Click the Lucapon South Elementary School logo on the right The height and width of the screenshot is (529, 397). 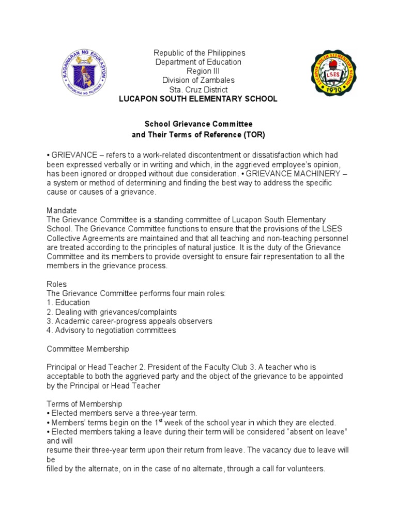(332, 72)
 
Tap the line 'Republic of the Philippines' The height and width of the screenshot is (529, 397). (199, 53)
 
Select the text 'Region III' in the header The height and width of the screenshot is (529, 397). (199, 71)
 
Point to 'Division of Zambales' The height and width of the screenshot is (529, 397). (198, 80)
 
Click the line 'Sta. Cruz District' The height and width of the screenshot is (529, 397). (199, 89)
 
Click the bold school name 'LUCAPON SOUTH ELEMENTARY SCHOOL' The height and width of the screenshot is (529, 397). (198, 99)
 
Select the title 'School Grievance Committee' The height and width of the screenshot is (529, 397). (198, 125)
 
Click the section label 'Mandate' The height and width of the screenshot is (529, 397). (62, 211)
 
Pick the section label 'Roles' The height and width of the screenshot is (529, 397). (56, 284)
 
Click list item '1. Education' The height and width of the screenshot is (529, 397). (68, 303)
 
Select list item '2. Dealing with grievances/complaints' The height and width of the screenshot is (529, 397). (112, 312)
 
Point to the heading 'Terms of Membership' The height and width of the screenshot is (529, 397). (84, 404)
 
